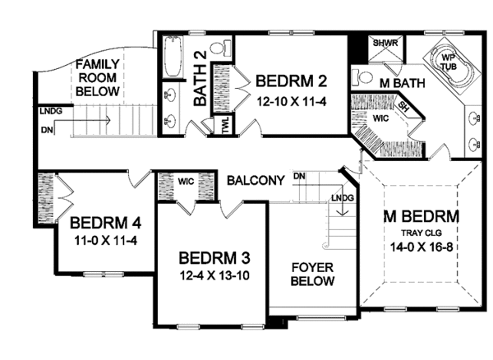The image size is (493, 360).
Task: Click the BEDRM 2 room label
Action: pos(291,81)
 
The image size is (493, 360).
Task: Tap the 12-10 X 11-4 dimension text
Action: pos(292,102)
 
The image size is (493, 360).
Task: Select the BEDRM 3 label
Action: pos(214,258)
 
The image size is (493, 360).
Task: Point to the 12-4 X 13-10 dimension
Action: pos(214,275)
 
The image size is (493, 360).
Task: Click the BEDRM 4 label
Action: pos(105,223)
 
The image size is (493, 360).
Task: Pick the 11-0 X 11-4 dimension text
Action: pos(106,241)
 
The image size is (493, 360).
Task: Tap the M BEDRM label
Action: pos(422,217)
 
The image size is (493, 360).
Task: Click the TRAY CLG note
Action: pos(422,233)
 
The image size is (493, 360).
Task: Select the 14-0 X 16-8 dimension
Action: pos(422,247)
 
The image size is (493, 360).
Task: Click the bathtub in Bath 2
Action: pos(173,57)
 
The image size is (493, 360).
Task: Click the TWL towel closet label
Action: pos(226,126)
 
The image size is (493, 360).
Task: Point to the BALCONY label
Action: pos(256,181)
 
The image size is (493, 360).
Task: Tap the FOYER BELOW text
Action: pos(312,275)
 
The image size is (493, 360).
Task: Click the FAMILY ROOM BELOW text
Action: pos(98,77)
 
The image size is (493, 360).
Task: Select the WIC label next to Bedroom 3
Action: pos(187,182)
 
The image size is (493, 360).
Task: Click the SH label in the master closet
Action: pos(403,108)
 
